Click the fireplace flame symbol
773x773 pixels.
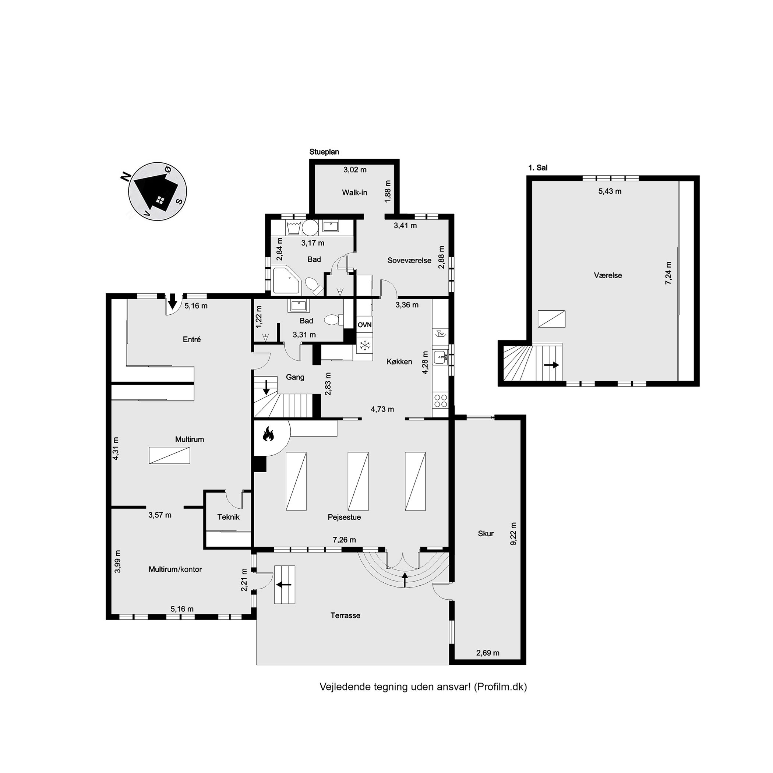(x=268, y=434)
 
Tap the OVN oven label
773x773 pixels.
(x=364, y=325)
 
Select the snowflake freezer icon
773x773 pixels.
(x=364, y=346)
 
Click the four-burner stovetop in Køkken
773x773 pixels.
(x=441, y=400)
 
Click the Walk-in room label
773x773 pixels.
(x=354, y=193)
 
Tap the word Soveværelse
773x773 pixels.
(x=409, y=261)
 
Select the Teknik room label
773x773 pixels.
(x=229, y=517)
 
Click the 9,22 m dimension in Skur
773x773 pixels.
(x=514, y=533)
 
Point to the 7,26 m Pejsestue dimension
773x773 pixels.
(x=345, y=540)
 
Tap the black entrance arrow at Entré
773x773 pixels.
(x=172, y=301)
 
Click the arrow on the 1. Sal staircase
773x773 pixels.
(x=551, y=365)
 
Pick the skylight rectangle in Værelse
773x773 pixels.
(x=551, y=319)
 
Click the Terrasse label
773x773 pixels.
(x=345, y=615)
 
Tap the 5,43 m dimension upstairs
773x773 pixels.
(x=610, y=191)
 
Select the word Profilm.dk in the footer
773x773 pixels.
(x=500, y=687)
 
